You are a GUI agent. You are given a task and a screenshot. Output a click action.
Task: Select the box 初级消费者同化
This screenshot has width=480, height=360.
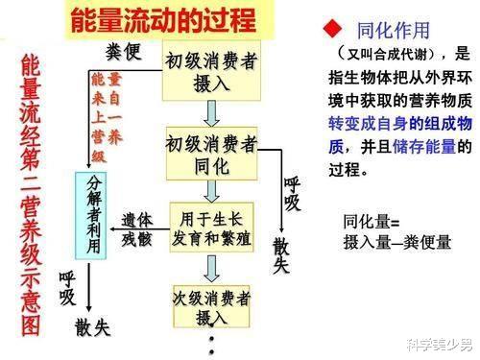(x=211, y=154)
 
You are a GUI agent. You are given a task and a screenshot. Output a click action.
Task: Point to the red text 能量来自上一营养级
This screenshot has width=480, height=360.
(x=108, y=104)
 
